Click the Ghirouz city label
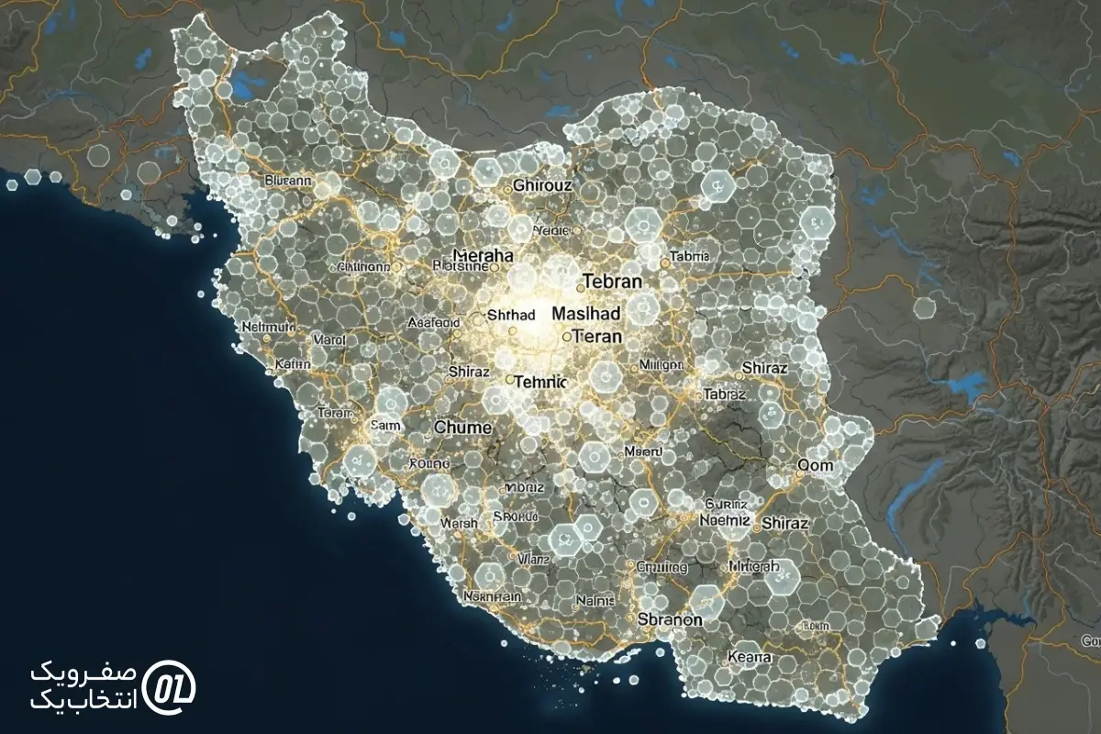542,184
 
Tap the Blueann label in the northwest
287,181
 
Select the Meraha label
484,256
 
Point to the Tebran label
612,282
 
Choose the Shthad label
510,315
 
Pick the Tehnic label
542,381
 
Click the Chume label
463,427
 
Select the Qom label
816,465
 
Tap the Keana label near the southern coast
750,657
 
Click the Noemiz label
724,518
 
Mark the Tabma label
691,256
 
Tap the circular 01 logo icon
175,684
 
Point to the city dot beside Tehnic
510,379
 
